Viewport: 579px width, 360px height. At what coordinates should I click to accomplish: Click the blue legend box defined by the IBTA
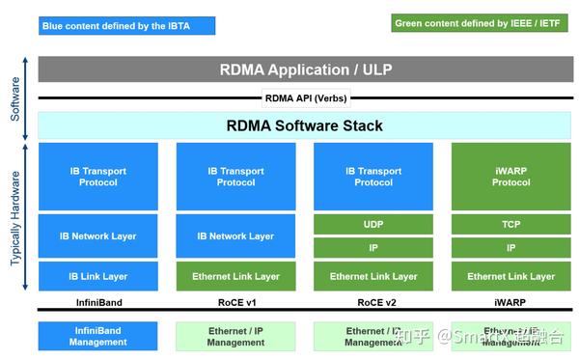(115, 26)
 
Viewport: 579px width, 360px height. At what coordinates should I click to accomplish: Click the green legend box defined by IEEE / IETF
(479, 23)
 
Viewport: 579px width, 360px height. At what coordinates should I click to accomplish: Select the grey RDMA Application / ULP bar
(304, 69)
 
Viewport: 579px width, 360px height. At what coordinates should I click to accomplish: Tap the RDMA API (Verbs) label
(305, 97)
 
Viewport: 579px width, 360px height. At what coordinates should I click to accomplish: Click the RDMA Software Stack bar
(304, 125)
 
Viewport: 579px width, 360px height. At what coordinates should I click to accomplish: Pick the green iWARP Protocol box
(510, 177)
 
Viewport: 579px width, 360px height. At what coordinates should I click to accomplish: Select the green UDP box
(373, 224)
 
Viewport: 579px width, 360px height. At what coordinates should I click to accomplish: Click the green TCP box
(510, 224)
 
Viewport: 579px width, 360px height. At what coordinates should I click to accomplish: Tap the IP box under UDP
(373, 247)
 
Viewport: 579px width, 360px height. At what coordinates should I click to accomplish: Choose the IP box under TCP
(510, 247)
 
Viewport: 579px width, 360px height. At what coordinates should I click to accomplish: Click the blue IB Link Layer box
(97, 276)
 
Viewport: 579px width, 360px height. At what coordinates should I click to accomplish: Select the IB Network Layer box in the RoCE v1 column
(235, 235)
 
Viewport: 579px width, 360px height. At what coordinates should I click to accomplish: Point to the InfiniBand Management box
(97, 336)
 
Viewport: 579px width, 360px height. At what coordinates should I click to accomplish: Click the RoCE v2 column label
(373, 302)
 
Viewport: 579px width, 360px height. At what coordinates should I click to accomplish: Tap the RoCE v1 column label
(235, 302)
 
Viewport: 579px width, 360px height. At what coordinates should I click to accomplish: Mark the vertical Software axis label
(14, 97)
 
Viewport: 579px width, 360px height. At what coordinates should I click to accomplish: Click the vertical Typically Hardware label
(14, 218)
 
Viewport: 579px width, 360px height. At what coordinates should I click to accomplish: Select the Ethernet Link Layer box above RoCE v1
(235, 276)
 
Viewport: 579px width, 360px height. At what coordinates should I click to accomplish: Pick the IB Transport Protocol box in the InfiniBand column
(97, 177)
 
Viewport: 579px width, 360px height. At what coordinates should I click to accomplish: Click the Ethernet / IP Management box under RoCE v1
(235, 336)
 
